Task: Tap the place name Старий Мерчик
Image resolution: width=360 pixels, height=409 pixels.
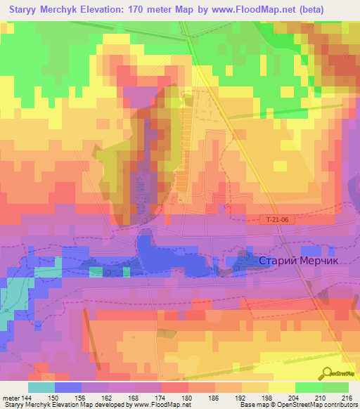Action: tap(299, 260)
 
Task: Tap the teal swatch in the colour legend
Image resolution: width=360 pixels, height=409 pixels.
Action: tap(41, 387)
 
